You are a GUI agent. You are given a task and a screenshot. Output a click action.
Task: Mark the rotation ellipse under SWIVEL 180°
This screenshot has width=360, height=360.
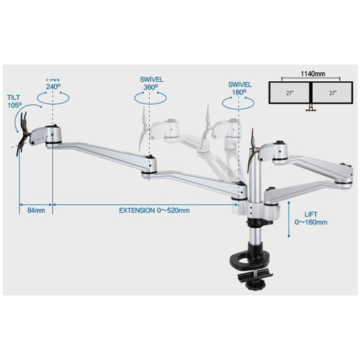[238, 103]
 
